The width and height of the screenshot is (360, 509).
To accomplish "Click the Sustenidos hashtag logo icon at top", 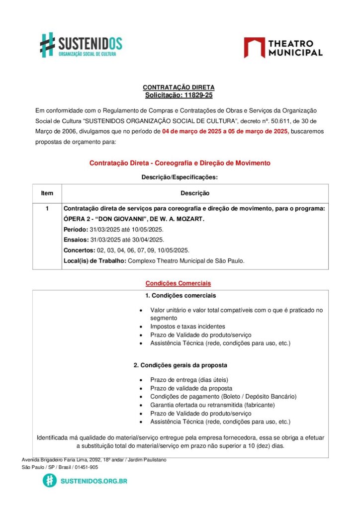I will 47,45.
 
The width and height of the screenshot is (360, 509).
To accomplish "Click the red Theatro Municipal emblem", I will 254,48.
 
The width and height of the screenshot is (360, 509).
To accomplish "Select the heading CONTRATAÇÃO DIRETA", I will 179,87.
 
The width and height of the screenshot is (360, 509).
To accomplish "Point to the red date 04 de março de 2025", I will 191,132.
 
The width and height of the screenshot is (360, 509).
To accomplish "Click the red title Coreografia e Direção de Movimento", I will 180,163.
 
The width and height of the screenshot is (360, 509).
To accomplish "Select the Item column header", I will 47,193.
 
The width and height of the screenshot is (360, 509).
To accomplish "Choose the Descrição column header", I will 194,193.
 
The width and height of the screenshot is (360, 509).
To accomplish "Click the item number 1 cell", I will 47,209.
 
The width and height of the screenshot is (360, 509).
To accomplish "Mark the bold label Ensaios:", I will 76,240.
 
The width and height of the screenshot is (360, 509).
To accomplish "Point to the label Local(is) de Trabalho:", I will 95,261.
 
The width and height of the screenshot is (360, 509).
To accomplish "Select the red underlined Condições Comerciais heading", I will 178,283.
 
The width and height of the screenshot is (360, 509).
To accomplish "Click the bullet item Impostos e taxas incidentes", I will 187,327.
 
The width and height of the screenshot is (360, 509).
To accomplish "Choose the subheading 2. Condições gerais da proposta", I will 180,365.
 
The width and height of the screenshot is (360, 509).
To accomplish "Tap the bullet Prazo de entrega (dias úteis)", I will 189,380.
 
